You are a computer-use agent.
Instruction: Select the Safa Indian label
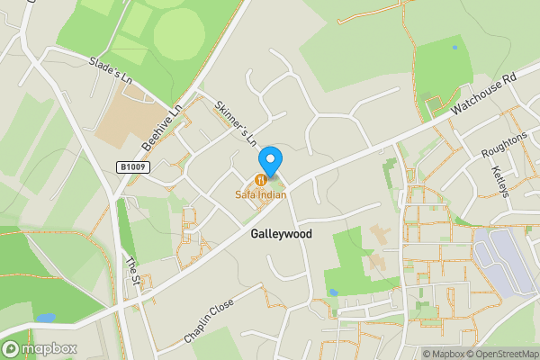click(x=261, y=194)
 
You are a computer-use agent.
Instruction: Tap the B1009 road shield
click(x=131, y=167)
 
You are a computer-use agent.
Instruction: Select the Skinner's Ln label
click(x=236, y=123)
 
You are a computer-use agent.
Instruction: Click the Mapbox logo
click(x=40, y=348)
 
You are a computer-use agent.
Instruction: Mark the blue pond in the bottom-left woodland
click(x=44, y=318)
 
